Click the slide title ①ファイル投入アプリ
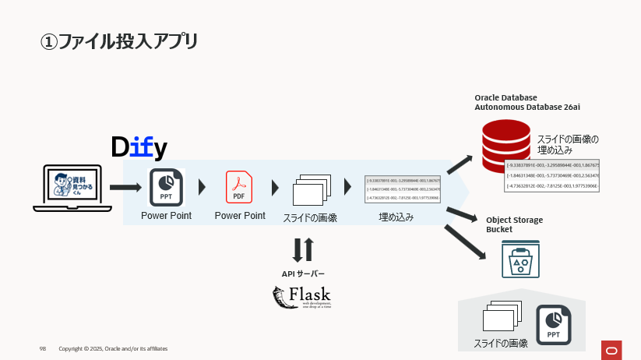pos(118,41)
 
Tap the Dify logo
pos(139,147)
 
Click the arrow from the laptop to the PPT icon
pos(125,188)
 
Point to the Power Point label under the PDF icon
pos(240,216)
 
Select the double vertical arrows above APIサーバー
pos(303,250)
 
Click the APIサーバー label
pos(303,274)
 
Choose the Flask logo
pos(301,298)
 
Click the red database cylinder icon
pos(505,145)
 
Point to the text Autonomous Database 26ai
pos(527,106)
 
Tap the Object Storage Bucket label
pos(514,225)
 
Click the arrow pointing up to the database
pos(460,164)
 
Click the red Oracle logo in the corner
pos(611,348)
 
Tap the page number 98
pos(43,348)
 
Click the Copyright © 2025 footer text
pos(113,348)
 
